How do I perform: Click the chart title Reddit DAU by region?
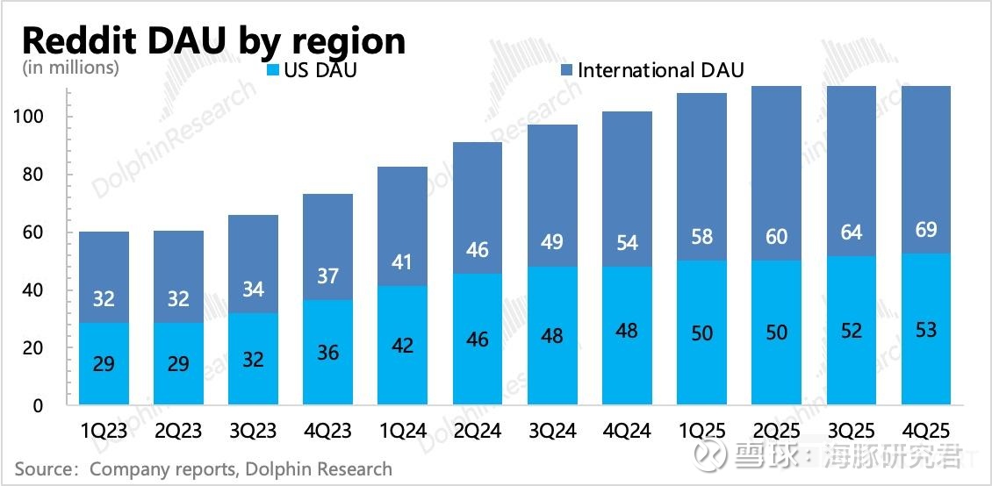click(x=213, y=40)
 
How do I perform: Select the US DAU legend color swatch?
click(x=272, y=70)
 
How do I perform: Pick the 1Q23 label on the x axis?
click(x=104, y=431)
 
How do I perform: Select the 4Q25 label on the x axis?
click(x=926, y=431)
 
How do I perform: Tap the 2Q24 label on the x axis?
click(x=477, y=431)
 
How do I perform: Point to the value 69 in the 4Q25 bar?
click(x=925, y=231)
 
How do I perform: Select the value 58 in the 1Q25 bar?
click(x=701, y=237)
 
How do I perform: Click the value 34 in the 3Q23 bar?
click(x=253, y=289)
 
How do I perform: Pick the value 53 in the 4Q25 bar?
click(x=925, y=330)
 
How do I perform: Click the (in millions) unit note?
click(x=70, y=68)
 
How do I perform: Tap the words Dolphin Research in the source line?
click(x=319, y=469)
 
